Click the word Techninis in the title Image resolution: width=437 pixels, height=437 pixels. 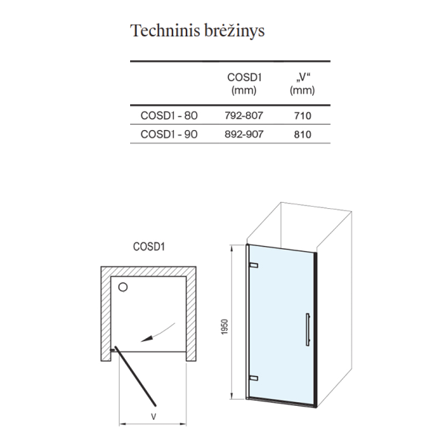(165, 30)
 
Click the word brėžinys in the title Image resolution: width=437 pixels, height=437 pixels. (234, 31)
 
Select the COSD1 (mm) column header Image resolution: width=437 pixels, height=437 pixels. (244, 83)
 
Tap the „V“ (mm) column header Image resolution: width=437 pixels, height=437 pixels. (302, 83)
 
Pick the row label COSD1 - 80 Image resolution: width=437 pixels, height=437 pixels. (169, 115)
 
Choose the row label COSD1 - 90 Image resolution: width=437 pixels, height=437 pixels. (169, 134)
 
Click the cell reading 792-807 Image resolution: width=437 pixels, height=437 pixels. (244, 115)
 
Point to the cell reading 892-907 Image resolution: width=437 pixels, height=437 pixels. (244, 134)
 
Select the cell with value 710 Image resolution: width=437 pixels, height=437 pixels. (302, 116)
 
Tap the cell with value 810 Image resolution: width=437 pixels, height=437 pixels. (302, 135)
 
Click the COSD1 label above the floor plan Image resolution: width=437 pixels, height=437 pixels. (149, 247)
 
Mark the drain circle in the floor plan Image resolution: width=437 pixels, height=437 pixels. (123, 287)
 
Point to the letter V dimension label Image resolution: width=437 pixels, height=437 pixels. (153, 417)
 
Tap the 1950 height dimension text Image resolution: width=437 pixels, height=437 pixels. (224, 327)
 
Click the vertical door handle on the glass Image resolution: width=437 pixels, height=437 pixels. (308, 330)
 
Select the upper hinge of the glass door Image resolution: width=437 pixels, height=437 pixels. (253, 265)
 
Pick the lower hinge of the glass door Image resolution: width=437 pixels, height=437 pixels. (253, 378)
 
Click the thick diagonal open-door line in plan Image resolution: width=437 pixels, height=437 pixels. (135, 376)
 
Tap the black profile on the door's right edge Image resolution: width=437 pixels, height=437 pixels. (315, 330)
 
